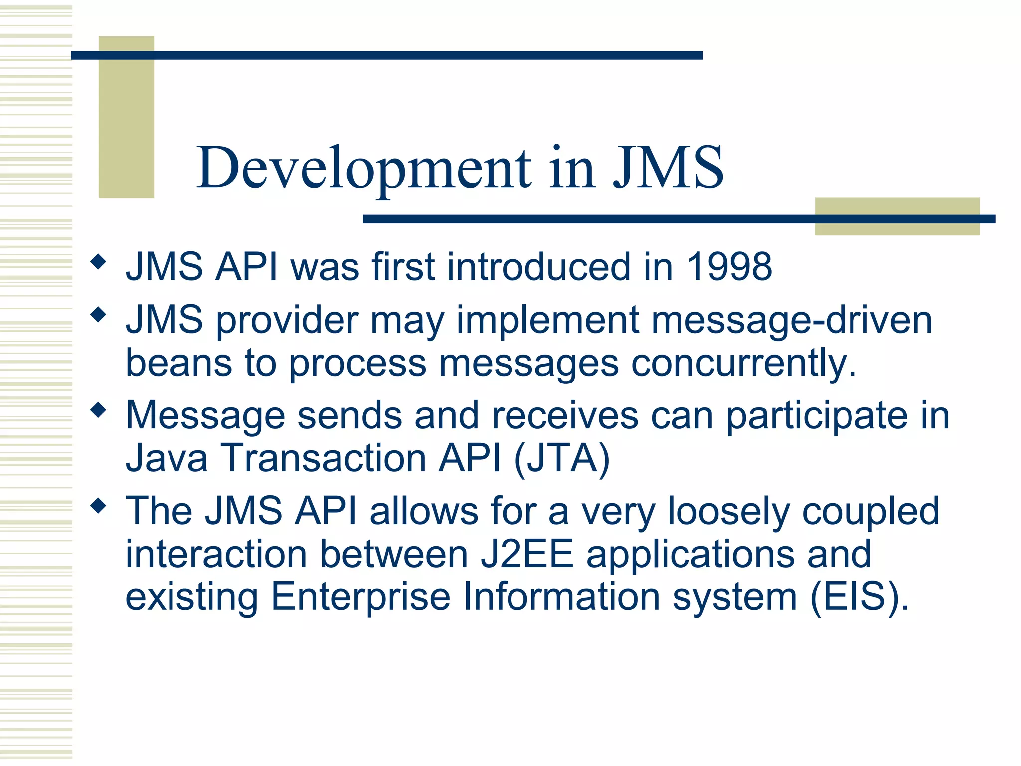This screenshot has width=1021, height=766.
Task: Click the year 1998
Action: click(730, 267)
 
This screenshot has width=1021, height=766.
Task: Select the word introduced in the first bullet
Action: click(539, 267)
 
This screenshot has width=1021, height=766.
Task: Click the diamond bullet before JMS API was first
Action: click(99, 261)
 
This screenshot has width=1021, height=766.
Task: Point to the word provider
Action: click(287, 320)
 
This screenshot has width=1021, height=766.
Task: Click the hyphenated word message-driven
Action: click(792, 320)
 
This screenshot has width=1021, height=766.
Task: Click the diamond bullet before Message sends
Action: click(99, 410)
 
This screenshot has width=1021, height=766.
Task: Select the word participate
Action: click(817, 416)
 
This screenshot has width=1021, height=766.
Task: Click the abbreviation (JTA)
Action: click(562, 458)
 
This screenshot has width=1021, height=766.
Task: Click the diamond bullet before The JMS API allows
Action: click(99, 506)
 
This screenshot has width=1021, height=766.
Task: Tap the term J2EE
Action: click(527, 554)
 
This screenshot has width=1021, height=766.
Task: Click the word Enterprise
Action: click(360, 597)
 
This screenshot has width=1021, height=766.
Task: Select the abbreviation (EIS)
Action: click(859, 597)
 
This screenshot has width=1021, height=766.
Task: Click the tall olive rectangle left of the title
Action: click(126, 117)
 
